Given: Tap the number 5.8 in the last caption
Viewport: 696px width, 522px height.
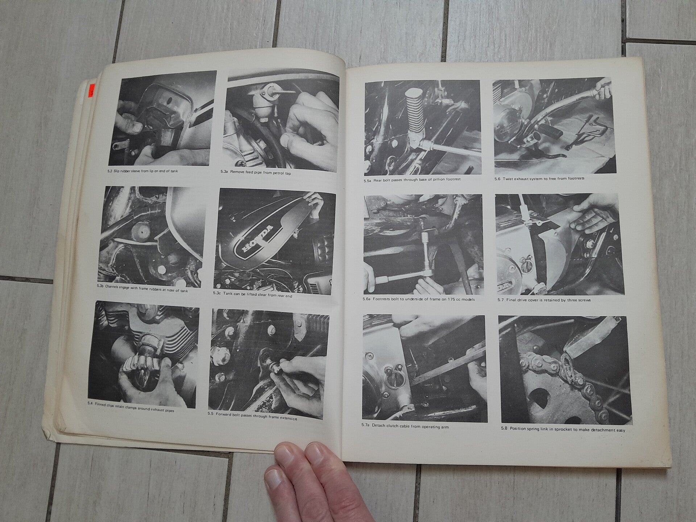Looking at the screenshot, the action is click(x=505, y=428).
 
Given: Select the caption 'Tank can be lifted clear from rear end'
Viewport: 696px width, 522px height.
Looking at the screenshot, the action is click(x=253, y=295).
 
